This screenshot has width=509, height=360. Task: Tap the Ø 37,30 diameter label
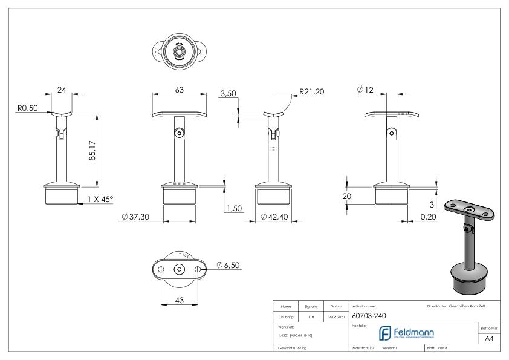[136, 217]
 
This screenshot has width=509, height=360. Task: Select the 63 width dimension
[180, 90]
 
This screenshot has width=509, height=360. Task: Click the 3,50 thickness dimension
[228, 94]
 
